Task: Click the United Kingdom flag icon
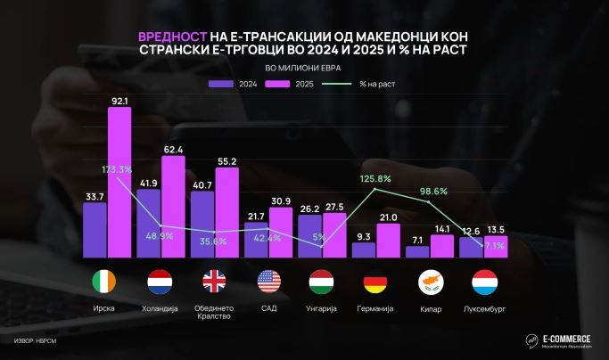(215, 283)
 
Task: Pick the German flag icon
(376, 283)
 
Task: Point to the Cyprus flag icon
(430, 283)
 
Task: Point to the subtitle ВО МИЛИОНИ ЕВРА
(303, 68)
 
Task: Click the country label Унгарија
(322, 307)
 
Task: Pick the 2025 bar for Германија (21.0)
(388, 241)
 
